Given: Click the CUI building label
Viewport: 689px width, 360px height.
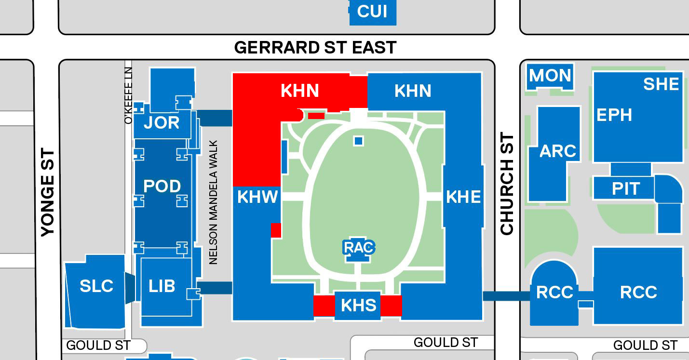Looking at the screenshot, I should click(x=372, y=11).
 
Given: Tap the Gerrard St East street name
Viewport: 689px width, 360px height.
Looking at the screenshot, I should click(x=315, y=47).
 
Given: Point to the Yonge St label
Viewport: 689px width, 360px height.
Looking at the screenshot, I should click(x=48, y=192).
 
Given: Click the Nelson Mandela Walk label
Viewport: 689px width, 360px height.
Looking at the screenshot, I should click(x=214, y=202).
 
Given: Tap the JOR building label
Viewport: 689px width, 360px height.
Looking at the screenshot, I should click(x=162, y=123).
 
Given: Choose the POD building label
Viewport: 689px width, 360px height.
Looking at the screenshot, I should click(x=162, y=186).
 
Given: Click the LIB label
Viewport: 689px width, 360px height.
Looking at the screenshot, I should click(x=162, y=286).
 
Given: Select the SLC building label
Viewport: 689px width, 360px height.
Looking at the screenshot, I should click(x=96, y=286).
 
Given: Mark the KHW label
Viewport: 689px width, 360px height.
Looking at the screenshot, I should click(x=258, y=197).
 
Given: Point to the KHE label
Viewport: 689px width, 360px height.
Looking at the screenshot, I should click(x=463, y=197).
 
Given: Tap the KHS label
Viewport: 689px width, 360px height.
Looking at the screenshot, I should click(x=358, y=305).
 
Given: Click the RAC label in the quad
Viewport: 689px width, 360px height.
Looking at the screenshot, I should click(x=359, y=247).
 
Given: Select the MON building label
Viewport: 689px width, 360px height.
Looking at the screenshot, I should click(x=550, y=76).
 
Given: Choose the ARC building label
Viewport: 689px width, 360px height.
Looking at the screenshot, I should click(x=558, y=151).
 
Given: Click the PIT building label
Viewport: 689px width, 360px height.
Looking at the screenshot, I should click(x=626, y=188).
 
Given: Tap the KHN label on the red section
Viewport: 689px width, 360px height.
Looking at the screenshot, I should click(x=300, y=91).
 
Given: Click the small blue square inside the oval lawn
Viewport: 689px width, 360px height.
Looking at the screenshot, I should click(x=358, y=141).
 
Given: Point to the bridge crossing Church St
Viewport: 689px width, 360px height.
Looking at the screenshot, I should click(x=506, y=295).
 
